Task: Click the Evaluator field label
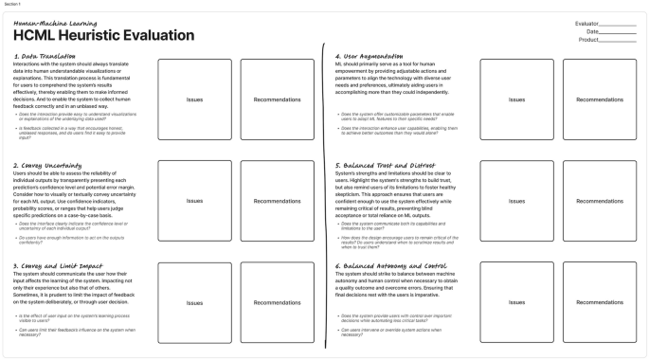pyautogui.click(x=587, y=23)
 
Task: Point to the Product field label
pyautogui.click(x=589, y=40)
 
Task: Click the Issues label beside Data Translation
pyautogui.click(x=194, y=99)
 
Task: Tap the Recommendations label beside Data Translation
pyautogui.click(x=279, y=99)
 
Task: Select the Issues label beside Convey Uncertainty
pyautogui.click(x=194, y=201)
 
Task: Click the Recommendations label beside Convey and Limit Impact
pyautogui.click(x=279, y=303)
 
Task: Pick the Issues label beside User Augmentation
pyautogui.click(x=517, y=99)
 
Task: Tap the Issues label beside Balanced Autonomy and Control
pyautogui.click(x=517, y=303)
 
